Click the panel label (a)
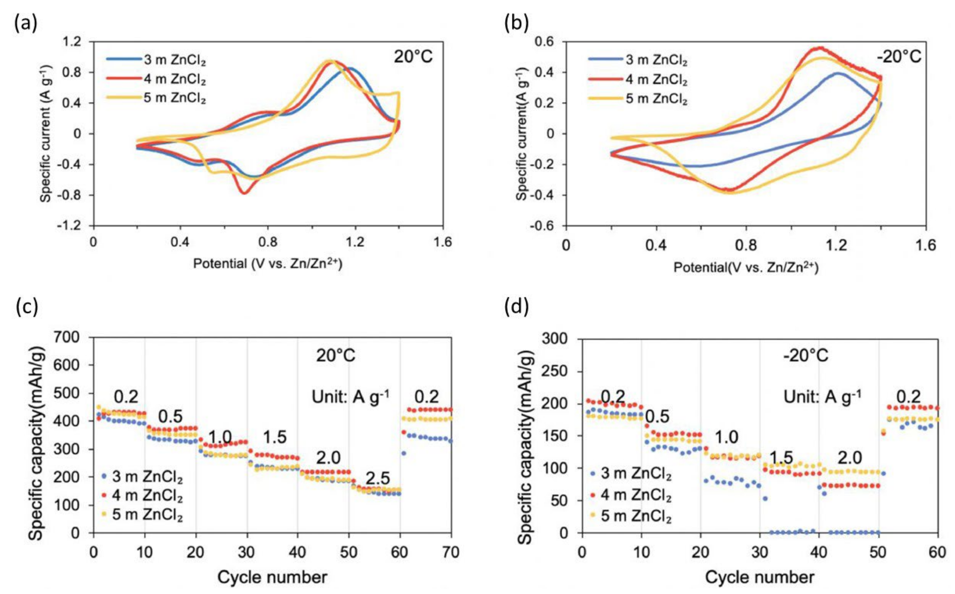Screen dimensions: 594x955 [26, 24]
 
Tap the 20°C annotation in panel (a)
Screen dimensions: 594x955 [413, 57]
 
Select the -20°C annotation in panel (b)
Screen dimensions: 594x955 [899, 57]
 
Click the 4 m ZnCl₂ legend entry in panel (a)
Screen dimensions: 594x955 [174, 79]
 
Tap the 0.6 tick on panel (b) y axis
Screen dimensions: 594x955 [549, 42]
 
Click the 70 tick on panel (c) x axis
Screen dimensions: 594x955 [450, 552]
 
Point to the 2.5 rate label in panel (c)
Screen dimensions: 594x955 [377, 478]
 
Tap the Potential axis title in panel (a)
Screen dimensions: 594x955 [267, 264]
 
